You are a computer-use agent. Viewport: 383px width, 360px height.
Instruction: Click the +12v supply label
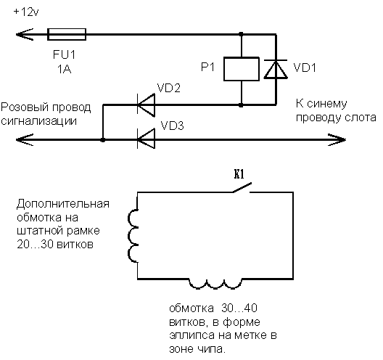pyautogui.click(x=26, y=12)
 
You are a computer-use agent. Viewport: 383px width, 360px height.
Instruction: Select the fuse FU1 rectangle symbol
pyautogui.click(x=67, y=34)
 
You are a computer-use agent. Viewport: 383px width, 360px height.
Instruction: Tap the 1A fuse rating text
pyautogui.click(x=65, y=70)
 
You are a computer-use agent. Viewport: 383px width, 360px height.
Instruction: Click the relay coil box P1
pyautogui.click(x=242, y=69)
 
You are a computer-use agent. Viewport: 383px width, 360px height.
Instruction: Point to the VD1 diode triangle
pyautogui.click(x=276, y=69)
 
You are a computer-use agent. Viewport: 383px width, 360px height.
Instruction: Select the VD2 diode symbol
pyautogui.click(x=146, y=105)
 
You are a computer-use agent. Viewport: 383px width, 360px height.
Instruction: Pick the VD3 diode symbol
pyautogui.click(x=146, y=139)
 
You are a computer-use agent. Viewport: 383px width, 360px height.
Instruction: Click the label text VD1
pyautogui.click(x=305, y=67)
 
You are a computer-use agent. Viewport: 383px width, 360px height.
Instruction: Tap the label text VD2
pyautogui.click(x=169, y=88)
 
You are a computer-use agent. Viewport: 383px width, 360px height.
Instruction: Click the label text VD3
pyautogui.click(x=172, y=126)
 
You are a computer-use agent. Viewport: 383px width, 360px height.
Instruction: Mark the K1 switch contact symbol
pyautogui.click(x=242, y=187)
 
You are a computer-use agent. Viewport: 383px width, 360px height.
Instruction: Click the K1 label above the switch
pyautogui.click(x=239, y=174)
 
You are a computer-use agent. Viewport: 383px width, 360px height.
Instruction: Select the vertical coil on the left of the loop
pyautogui.click(x=133, y=236)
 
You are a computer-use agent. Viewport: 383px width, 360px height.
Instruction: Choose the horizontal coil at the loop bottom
pyautogui.click(x=215, y=284)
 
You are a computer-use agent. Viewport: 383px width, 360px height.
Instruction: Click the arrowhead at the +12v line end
pyautogui.click(x=25, y=34)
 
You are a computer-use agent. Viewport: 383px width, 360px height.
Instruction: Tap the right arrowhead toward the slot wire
pyautogui.click(x=337, y=140)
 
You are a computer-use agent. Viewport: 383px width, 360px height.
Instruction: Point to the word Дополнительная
pyautogui.click(x=63, y=204)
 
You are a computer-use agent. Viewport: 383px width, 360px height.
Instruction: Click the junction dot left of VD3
pyautogui.click(x=103, y=140)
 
